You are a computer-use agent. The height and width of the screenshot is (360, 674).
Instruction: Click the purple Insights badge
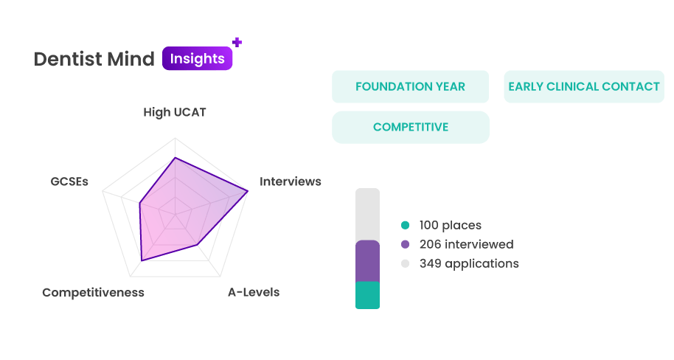click(x=198, y=58)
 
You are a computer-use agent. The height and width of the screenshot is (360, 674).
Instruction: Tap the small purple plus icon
click(x=237, y=42)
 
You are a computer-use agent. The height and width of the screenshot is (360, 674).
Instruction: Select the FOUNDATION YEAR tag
click(x=411, y=86)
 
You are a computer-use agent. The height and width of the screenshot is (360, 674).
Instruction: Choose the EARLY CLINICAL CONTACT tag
click(x=584, y=86)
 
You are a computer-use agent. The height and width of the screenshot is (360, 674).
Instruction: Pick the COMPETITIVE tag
click(x=411, y=128)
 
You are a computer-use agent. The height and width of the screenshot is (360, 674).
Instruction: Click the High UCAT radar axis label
click(x=175, y=112)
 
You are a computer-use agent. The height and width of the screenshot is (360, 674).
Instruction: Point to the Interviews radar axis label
click(x=290, y=181)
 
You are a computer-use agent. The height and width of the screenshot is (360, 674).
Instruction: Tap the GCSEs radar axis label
click(x=69, y=181)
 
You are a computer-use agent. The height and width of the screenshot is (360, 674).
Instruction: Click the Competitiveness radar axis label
click(x=93, y=292)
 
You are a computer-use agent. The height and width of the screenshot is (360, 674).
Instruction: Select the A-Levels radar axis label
click(x=254, y=292)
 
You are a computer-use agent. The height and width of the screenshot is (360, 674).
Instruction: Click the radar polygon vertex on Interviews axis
click(x=248, y=191)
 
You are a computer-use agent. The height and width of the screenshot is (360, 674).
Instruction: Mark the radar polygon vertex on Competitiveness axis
click(x=142, y=260)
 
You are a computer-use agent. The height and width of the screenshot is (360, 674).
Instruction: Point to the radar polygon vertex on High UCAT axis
click(x=175, y=158)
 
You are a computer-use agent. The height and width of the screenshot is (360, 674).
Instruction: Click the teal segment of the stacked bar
click(x=367, y=295)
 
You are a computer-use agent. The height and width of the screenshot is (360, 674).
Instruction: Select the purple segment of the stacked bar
click(x=367, y=260)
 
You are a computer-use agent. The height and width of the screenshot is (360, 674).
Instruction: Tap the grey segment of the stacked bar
click(x=367, y=214)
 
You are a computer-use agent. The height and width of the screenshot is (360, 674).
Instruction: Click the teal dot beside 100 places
click(x=405, y=225)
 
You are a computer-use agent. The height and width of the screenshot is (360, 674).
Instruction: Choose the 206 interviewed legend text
click(x=466, y=244)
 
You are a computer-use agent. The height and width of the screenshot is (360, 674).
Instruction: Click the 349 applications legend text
click(x=469, y=263)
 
